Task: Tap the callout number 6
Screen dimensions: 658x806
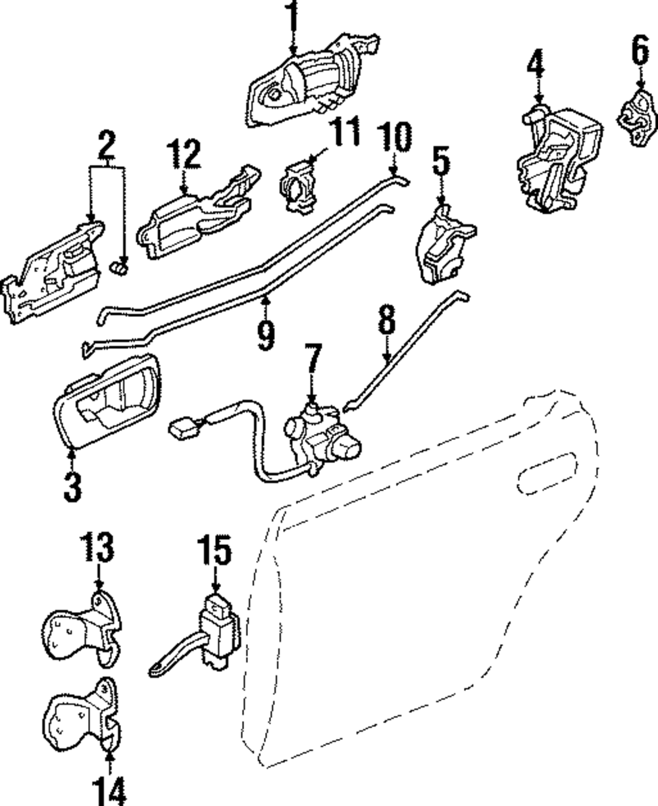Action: pos(640,50)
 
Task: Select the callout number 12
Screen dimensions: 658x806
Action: pos(184,154)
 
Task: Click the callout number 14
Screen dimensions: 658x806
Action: pos(109,792)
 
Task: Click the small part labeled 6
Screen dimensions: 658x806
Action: pos(638,118)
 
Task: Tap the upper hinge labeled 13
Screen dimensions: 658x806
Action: pos(82,628)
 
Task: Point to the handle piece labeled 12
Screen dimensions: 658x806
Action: pos(199,212)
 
